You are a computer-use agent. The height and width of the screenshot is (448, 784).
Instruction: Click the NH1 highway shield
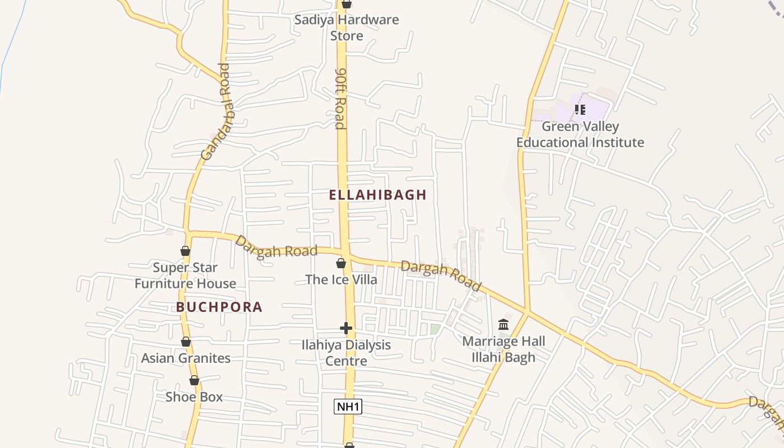pos(348,407)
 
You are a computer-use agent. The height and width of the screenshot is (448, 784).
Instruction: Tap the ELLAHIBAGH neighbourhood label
pos(377,195)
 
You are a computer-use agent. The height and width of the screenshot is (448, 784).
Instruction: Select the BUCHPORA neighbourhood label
pos(219,307)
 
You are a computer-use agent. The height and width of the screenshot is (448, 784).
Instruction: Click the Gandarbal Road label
pos(216,112)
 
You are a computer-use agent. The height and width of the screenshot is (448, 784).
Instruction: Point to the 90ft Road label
pos(340,99)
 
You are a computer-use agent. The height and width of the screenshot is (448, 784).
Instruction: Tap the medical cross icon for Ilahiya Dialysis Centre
pos(346,328)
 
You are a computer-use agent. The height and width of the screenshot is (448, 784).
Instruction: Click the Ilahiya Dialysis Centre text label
pos(346,353)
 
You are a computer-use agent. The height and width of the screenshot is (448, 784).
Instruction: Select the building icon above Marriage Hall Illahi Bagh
pos(503,325)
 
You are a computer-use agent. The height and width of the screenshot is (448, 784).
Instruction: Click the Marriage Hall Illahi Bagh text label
pos(503,349)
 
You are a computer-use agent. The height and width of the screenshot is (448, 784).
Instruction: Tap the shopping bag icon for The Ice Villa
pos(341,263)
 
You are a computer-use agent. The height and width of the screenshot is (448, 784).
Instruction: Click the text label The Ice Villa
pos(341,279)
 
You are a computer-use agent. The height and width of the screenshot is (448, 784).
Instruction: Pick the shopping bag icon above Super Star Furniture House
pos(185,251)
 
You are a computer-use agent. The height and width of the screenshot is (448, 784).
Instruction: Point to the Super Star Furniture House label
pos(185,276)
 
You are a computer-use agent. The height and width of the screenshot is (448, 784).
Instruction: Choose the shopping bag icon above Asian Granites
pos(186,342)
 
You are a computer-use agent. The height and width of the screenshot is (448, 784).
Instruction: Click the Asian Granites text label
pos(186,358)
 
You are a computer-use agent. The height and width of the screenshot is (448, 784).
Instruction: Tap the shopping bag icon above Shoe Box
pos(194,381)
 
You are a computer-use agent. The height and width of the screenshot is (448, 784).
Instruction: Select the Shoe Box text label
pos(194,397)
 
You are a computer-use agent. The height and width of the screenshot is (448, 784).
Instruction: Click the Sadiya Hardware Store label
pos(347,27)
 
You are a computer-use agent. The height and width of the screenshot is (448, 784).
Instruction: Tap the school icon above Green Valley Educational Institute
pos(580,110)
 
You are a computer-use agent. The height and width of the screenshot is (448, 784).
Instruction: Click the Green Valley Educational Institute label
pos(580,134)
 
